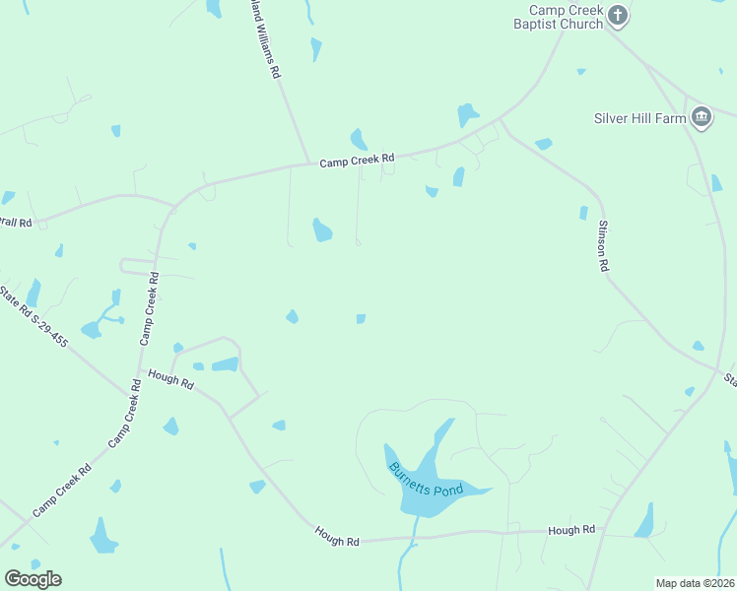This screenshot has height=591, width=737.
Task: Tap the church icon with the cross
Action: coord(618,15)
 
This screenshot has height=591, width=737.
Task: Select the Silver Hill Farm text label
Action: coord(639,118)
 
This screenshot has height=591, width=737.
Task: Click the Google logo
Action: coord(33,579)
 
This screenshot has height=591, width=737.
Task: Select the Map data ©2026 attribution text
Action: coord(696,583)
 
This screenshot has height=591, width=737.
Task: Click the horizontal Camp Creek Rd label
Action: coord(357,159)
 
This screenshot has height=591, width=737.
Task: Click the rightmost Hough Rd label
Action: coord(571,530)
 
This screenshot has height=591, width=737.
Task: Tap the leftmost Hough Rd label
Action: coord(170,377)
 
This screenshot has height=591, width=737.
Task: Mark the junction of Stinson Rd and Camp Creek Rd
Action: coord(501,119)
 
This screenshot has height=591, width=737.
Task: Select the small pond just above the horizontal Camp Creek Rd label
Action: coord(359,139)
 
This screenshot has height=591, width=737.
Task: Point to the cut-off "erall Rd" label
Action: coord(17,223)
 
